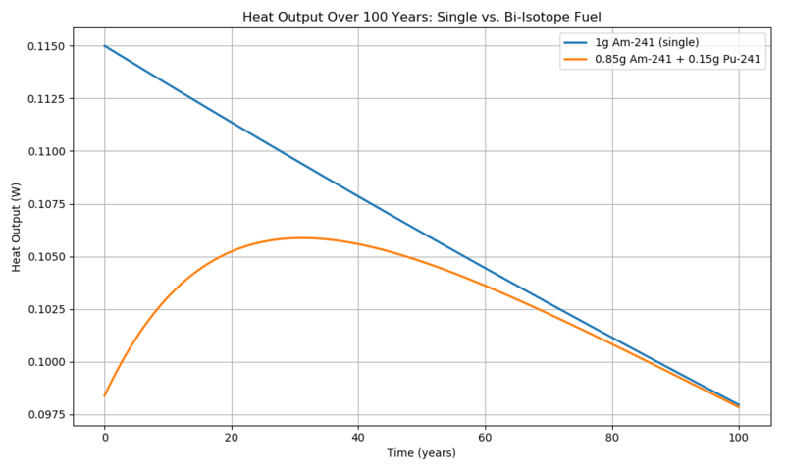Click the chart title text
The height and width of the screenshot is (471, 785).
pyautogui.click(x=422, y=17)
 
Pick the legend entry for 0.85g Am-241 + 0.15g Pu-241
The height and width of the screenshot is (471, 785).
pyautogui.click(x=664, y=59)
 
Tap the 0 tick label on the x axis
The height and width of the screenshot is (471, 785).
pyautogui.click(x=105, y=438)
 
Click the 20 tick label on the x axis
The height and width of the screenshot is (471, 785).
pyautogui.click(x=232, y=438)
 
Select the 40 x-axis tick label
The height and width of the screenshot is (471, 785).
pyautogui.click(x=358, y=438)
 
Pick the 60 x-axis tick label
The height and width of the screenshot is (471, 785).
pyautogui.click(x=485, y=438)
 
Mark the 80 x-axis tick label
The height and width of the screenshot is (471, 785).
pyautogui.click(x=612, y=438)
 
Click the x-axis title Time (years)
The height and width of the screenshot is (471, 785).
pyautogui.click(x=422, y=453)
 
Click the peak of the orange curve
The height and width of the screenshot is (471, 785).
pyautogui.click(x=300, y=237)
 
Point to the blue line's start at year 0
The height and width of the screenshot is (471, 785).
pyautogui.click(x=105, y=46)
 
